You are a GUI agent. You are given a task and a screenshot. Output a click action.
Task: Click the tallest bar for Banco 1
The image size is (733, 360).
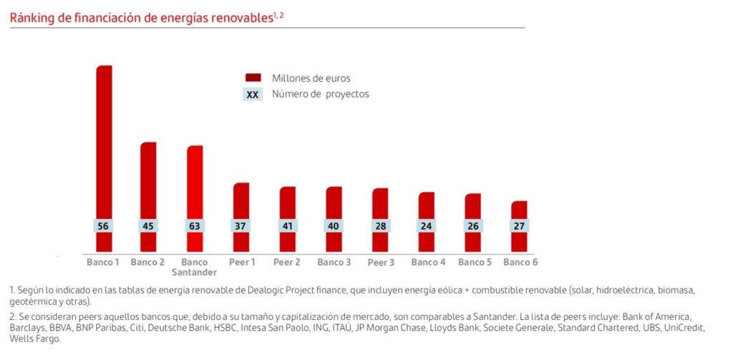(104, 143)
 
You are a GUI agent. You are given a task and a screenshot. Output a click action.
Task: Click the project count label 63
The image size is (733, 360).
(195, 226)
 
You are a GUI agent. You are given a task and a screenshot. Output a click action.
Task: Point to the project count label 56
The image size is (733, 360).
(104, 226)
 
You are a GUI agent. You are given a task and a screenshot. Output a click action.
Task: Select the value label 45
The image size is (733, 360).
(148, 226)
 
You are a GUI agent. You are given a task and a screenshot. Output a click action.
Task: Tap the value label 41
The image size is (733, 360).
(287, 226)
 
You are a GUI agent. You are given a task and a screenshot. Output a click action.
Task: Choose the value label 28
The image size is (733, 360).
(380, 226)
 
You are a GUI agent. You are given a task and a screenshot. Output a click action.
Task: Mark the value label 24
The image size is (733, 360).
(427, 226)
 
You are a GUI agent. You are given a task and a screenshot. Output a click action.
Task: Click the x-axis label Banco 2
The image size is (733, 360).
(147, 262)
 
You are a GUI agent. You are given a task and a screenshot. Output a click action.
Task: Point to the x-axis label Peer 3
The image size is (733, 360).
(381, 263)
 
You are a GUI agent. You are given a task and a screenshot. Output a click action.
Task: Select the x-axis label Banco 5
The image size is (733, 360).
(475, 262)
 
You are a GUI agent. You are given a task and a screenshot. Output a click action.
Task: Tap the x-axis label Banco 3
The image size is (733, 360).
(334, 262)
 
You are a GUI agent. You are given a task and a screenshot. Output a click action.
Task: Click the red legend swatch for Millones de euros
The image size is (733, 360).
(253, 78)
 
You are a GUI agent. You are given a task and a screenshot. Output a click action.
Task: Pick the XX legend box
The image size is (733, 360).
(253, 94)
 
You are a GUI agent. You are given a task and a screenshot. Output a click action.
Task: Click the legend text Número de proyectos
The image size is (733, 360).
(320, 94)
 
